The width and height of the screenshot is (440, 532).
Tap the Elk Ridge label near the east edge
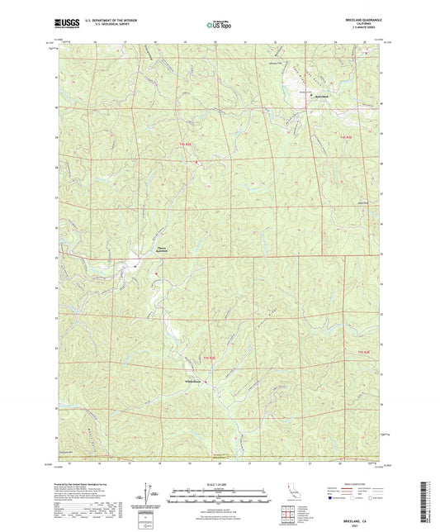[360, 198]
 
